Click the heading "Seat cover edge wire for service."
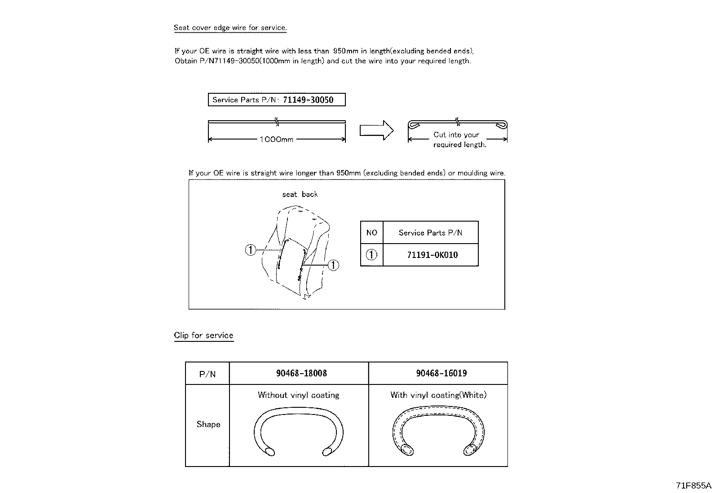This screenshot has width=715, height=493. click(x=230, y=28)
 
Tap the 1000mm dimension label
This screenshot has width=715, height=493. click(x=276, y=140)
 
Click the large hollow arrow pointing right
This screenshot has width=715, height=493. click(x=376, y=131)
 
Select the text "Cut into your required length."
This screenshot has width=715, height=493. click(x=459, y=140)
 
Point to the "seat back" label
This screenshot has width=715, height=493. click(x=300, y=194)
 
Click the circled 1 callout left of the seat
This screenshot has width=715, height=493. click(x=251, y=250)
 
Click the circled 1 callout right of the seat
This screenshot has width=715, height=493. click(x=333, y=265)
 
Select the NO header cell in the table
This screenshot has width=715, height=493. click(x=371, y=232)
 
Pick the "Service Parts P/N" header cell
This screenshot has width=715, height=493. click(x=430, y=232)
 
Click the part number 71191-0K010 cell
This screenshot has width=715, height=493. click(x=432, y=255)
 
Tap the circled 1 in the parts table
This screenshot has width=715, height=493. click(x=371, y=255)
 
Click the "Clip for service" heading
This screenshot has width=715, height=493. click(x=203, y=335)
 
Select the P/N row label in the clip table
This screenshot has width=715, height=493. click(x=207, y=374)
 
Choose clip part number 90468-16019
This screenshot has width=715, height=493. click(x=441, y=373)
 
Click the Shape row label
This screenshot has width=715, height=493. click(x=208, y=424)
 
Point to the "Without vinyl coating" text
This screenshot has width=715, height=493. click(x=298, y=395)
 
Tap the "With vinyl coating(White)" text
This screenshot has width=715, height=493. click(x=438, y=395)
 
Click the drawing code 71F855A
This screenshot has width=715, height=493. click(x=693, y=485)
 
